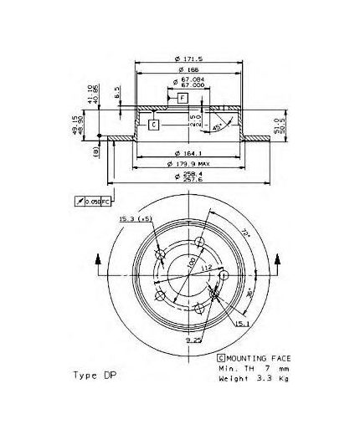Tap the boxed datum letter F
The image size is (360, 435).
(x=181, y=99)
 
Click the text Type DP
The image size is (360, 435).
(x=95, y=375)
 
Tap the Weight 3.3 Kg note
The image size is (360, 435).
(x=243, y=379)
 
